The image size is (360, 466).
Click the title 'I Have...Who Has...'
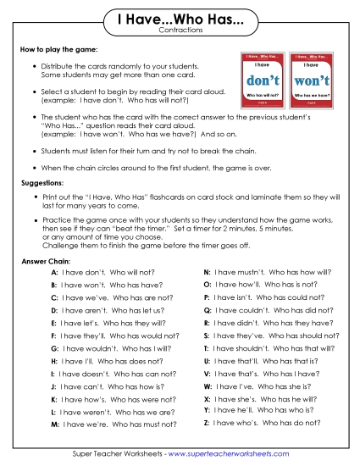[179, 18]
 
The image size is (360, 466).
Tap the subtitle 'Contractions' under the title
[179, 30]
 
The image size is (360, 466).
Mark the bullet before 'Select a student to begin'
[33, 92]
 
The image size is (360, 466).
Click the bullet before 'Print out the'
[33, 197]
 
